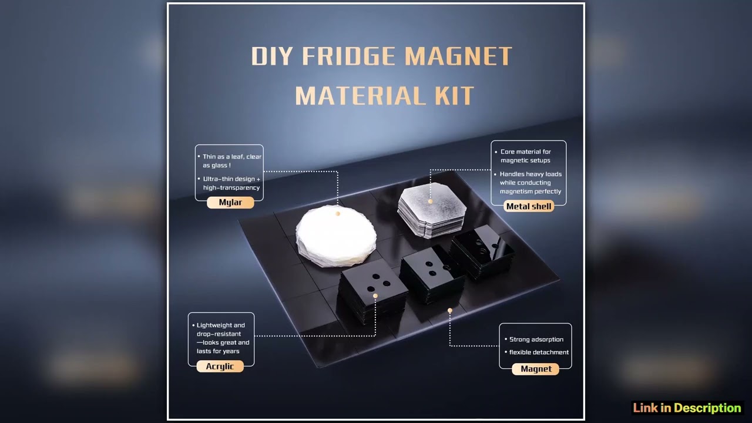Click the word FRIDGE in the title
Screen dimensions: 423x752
[x=350, y=56]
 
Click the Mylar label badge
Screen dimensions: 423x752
[x=230, y=203]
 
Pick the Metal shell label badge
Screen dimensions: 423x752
[x=529, y=206]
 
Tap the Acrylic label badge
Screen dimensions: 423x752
[x=220, y=367]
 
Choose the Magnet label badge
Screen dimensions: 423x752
[x=536, y=369]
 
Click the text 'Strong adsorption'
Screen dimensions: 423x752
[x=536, y=340]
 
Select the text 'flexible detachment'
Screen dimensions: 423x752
[x=539, y=352]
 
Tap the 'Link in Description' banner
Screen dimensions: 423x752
[x=687, y=408]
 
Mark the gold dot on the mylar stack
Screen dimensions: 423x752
[x=338, y=214]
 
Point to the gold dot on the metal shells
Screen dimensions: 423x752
[x=431, y=202]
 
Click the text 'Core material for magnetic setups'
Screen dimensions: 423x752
[x=525, y=156]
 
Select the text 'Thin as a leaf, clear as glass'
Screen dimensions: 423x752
[x=231, y=161]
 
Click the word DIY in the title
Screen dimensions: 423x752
[x=272, y=56]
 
